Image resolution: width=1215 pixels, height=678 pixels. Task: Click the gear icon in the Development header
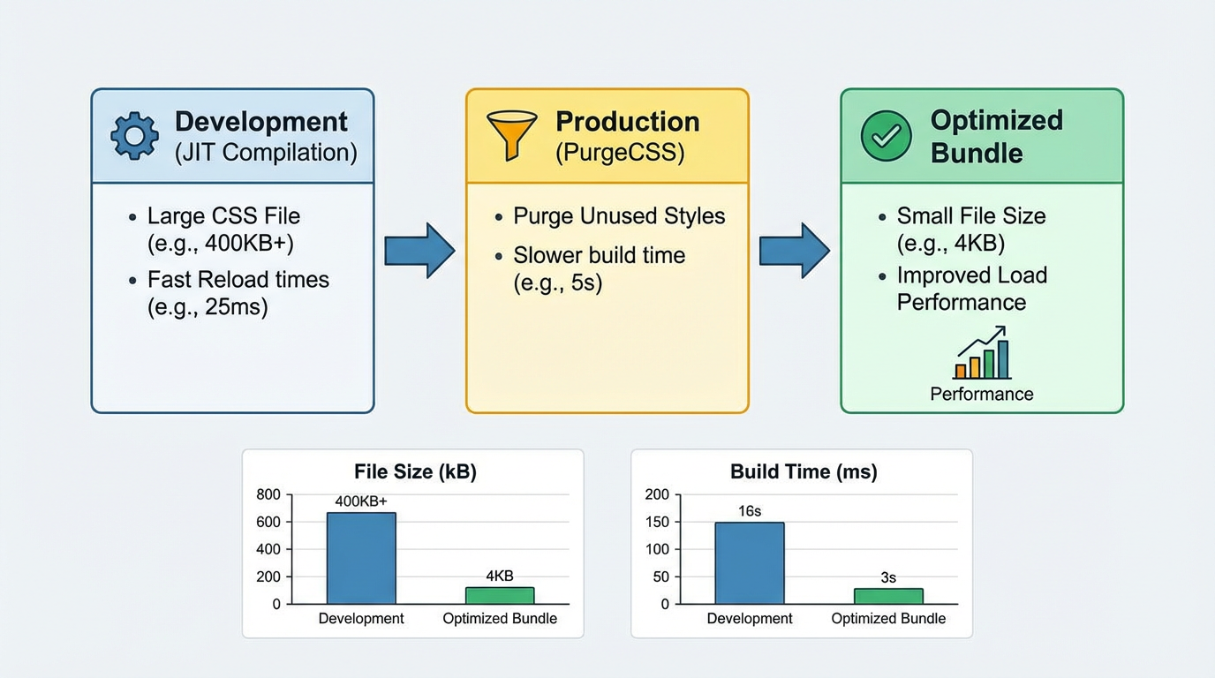(x=134, y=136)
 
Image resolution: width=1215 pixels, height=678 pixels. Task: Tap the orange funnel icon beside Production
(x=511, y=133)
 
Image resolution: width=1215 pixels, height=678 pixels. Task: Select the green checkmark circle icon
(x=886, y=136)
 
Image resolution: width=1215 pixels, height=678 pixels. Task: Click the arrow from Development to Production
(x=419, y=251)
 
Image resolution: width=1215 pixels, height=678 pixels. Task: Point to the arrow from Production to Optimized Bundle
(x=794, y=251)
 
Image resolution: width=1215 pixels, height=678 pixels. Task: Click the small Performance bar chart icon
(x=982, y=354)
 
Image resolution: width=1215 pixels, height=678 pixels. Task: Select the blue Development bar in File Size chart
(x=361, y=558)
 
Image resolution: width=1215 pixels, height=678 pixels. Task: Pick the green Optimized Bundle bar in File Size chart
(x=500, y=595)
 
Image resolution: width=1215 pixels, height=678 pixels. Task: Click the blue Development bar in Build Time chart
(x=750, y=563)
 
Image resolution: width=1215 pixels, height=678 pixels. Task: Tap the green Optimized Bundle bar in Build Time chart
(x=888, y=596)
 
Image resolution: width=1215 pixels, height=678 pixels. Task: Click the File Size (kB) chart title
(x=415, y=472)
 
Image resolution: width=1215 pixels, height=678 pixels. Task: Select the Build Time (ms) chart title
(x=804, y=472)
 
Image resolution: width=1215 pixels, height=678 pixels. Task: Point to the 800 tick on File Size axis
(x=268, y=494)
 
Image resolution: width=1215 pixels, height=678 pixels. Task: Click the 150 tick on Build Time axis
(x=657, y=522)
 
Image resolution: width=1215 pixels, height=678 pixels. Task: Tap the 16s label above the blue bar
(x=750, y=511)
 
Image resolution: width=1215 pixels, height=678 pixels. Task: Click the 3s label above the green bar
(x=888, y=577)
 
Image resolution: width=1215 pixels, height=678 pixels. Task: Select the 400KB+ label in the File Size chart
(x=361, y=501)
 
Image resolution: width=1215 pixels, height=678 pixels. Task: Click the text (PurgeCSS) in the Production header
(x=620, y=153)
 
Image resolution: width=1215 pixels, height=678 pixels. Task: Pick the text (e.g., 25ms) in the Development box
(x=208, y=307)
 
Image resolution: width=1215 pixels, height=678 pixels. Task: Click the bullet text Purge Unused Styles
(x=619, y=216)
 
